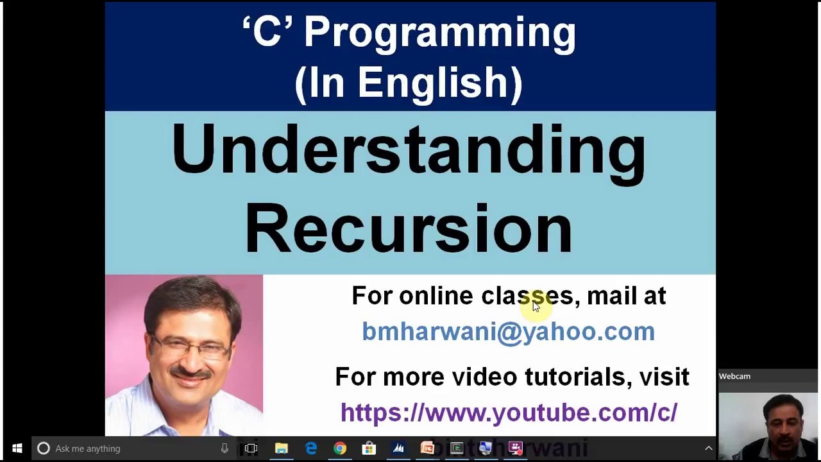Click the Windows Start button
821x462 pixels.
click(17, 449)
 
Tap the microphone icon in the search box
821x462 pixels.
click(224, 449)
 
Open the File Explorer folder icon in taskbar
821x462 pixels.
click(282, 449)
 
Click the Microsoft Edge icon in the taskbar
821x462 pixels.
click(311, 449)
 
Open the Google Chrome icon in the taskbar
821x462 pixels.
click(340, 449)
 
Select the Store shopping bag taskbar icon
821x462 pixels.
click(369, 449)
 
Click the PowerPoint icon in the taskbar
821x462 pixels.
click(427, 449)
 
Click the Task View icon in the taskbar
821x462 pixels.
click(251, 449)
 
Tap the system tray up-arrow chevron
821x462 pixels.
click(709, 449)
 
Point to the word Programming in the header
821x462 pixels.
click(439, 32)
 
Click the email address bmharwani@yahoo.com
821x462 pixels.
click(508, 331)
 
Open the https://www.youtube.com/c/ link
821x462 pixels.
click(509, 413)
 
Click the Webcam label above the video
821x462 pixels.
click(734, 377)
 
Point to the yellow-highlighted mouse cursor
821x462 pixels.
click(536, 306)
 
